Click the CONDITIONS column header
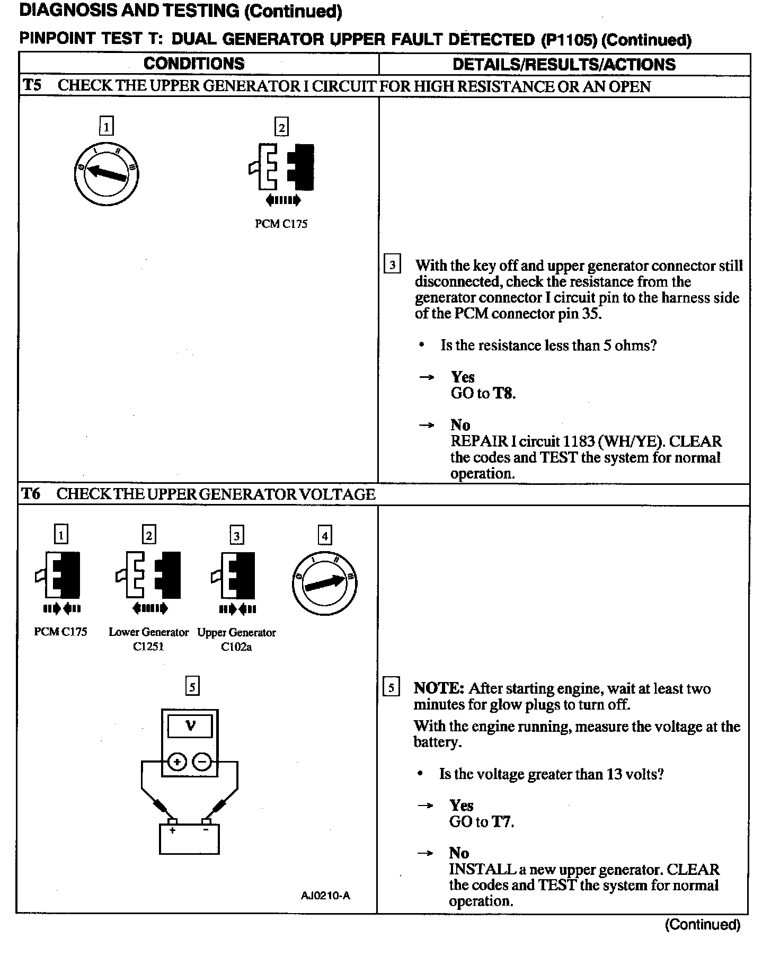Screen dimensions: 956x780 tap(194, 64)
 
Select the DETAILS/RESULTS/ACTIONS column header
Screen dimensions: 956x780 tap(564, 65)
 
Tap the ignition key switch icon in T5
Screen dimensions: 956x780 tap(107, 173)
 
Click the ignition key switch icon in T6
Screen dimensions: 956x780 tap(324, 583)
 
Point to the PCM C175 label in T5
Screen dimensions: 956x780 tap(281, 224)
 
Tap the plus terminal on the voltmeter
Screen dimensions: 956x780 tap(177, 763)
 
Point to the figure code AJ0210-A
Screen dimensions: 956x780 tap(325, 896)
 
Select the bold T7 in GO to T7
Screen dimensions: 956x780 tap(502, 822)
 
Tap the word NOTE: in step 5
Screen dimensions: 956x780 tap(439, 688)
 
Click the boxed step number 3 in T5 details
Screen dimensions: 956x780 tap(392, 264)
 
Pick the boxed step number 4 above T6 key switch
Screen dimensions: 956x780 tap(324, 536)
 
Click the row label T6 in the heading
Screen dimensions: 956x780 tap(31, 494)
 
